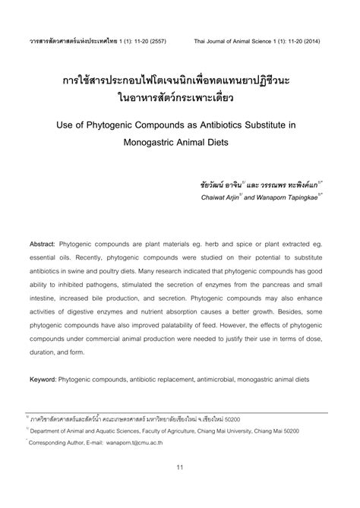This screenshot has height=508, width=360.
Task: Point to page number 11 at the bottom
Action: pyautogui.click(x=180, y=488)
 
